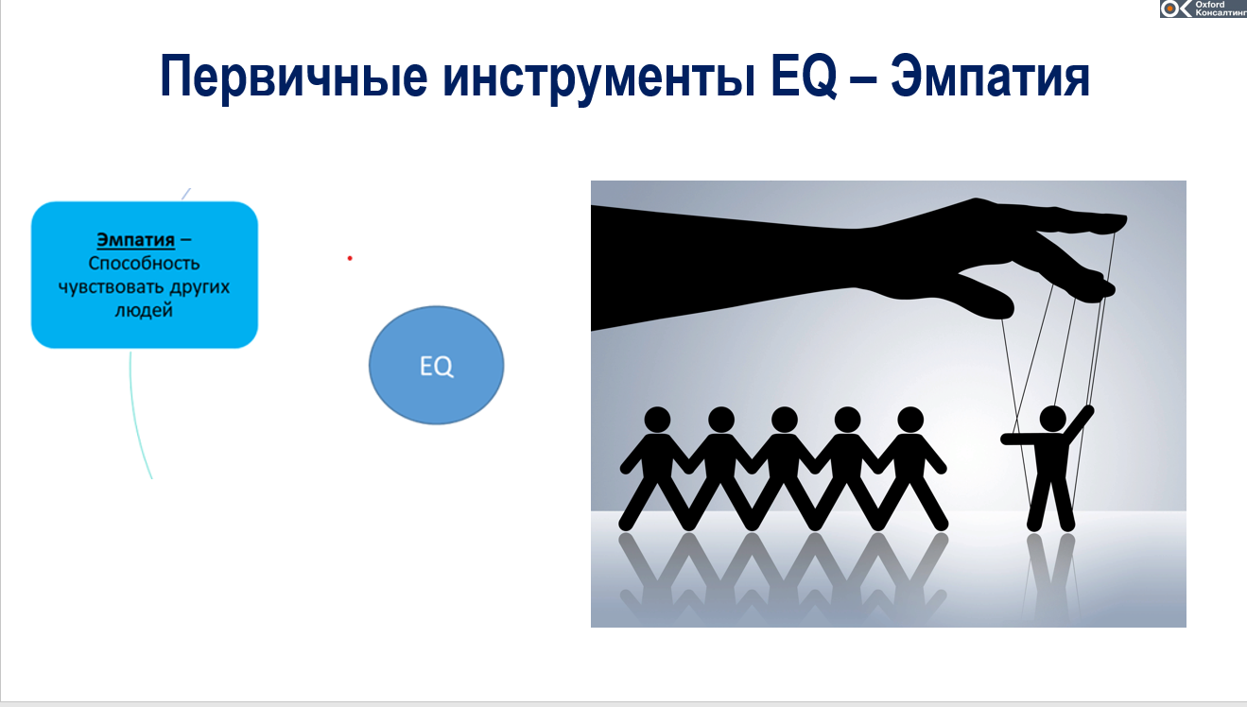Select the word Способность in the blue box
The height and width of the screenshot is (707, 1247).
click(x=145, y=264)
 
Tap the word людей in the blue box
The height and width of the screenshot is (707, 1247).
click(x=144, y=309)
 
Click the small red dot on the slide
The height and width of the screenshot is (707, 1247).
click(x=350, y=258)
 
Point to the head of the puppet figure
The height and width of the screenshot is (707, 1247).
click(x=1051, y=418)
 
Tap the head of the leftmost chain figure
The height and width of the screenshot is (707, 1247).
click(x=657, y=419)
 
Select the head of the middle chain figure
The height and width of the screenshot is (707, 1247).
click(x=784, y=419)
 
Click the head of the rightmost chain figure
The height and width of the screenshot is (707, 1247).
click(x=909, y=419)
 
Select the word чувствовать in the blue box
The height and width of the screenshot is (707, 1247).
click(x=117, y=286)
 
